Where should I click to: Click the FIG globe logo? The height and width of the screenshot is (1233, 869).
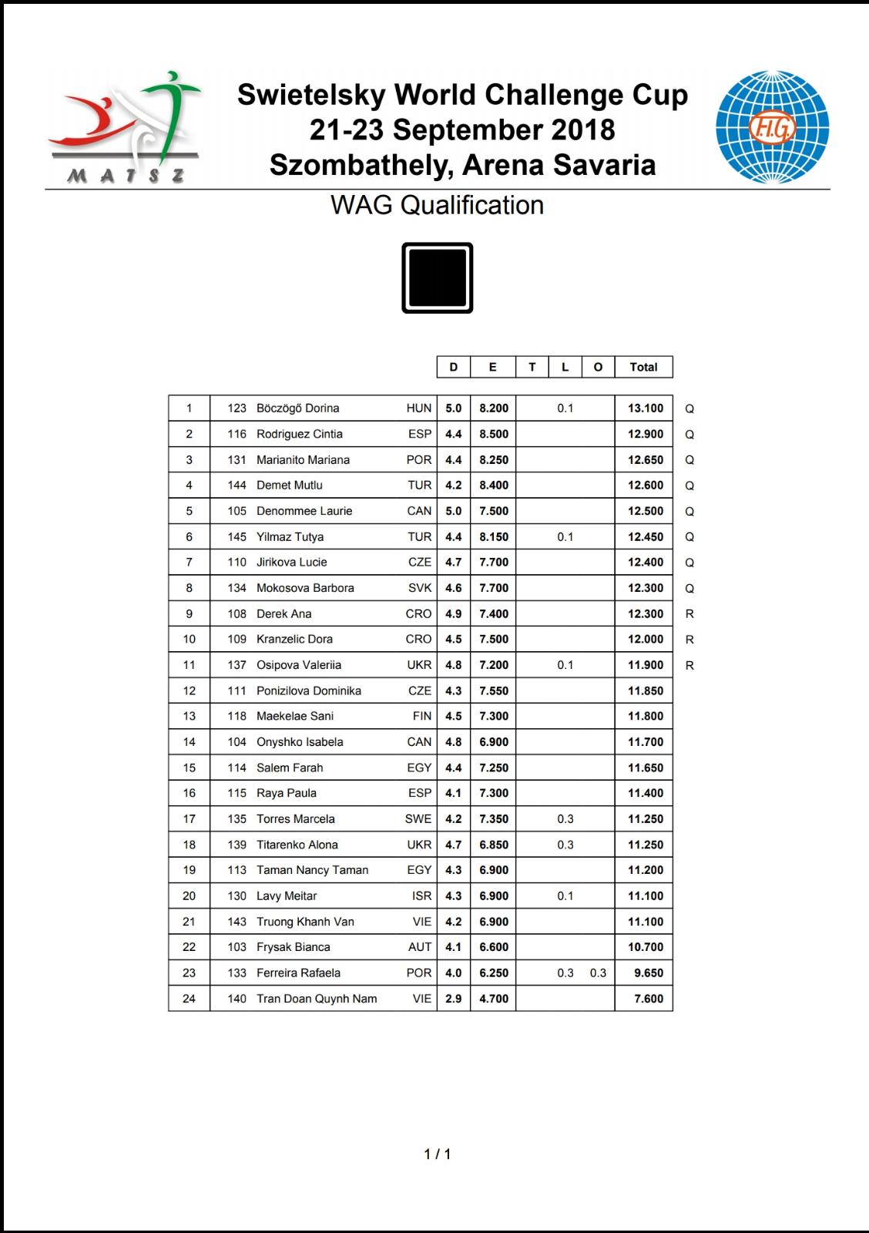[772, 127]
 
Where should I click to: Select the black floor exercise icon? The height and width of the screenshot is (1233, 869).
[437, 277]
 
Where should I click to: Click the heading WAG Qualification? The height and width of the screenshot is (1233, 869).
[437, 205]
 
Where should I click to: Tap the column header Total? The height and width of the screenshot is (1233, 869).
[643, 367]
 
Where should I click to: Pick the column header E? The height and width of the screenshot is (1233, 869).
[492, 367]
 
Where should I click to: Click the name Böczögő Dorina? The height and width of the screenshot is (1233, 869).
[297, 408]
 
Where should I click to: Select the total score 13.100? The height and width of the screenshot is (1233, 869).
[645, 408]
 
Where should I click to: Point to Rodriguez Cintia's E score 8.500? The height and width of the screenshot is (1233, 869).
[493, 434]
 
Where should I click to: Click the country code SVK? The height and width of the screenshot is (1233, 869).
[420, 588]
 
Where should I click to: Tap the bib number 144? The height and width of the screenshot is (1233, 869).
[237, 485]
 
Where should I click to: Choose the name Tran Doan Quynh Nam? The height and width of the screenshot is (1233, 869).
[317, 999]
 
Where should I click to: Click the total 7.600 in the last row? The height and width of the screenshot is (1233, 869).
[649, 999]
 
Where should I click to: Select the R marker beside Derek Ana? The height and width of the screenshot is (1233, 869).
[689, 614]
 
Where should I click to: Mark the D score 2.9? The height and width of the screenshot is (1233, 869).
[453, 999]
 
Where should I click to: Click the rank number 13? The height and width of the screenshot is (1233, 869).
[189, 716]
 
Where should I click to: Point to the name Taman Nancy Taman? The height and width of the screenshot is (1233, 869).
[312, 870]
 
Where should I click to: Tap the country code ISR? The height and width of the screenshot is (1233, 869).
[421, 896]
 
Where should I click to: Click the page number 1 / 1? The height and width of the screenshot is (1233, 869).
[437, 1154]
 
